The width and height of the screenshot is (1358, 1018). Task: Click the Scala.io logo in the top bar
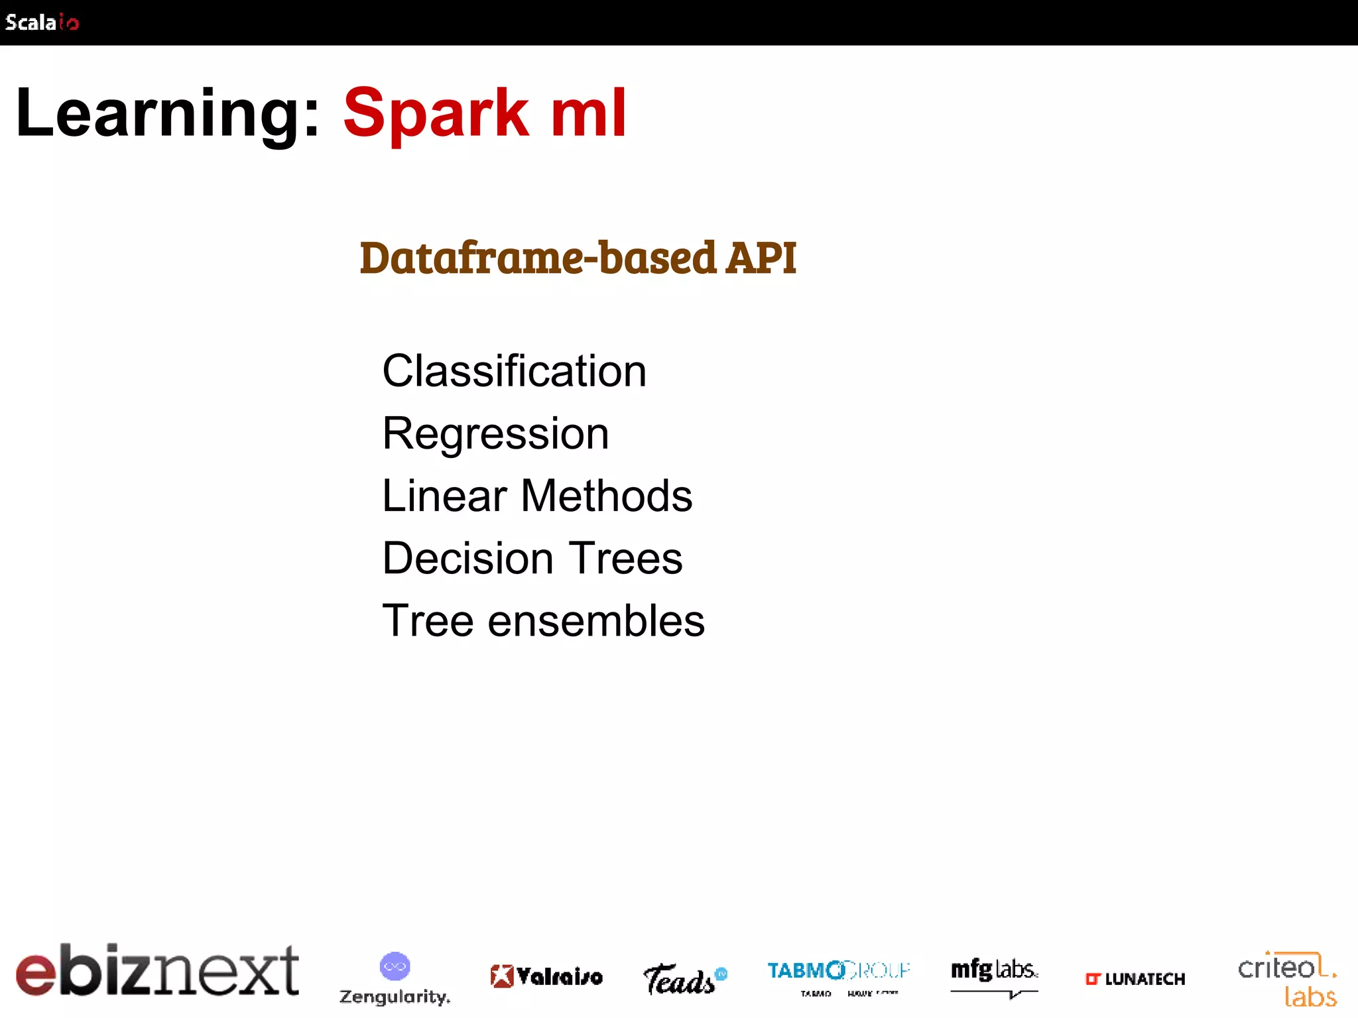pos(42,23)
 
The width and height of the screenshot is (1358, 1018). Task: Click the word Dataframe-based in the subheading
pos(538,258)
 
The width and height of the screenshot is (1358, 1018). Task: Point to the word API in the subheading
pos(761,258)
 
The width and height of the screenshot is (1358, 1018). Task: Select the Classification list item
pos(514,371)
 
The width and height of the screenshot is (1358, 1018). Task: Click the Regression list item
pos(495,434)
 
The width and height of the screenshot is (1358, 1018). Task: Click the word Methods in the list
pos(606,496)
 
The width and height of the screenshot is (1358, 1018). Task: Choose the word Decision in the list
pos(467,558)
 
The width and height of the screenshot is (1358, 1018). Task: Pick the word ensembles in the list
pos(595,621)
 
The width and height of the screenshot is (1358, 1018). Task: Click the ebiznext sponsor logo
pos(157,970)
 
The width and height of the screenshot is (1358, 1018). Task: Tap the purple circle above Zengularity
pos(395,966)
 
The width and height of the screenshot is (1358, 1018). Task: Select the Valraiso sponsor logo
pos(546,976)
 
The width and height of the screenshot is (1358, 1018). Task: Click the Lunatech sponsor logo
pos(1135,979)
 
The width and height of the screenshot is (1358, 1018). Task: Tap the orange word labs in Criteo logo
pos(1310,997)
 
